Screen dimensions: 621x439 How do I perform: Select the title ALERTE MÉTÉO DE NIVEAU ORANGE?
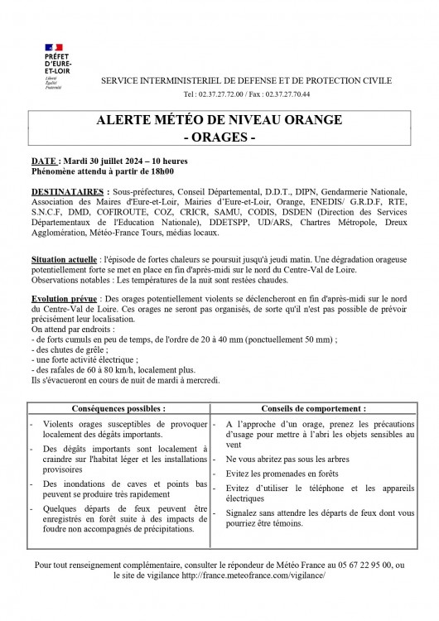pyautogui.click(x=219, y=120)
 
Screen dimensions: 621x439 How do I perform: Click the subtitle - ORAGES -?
pyautogui.click(x=219, y=137)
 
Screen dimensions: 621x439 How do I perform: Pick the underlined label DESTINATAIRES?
pyautogui.click(x=62, y=190)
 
